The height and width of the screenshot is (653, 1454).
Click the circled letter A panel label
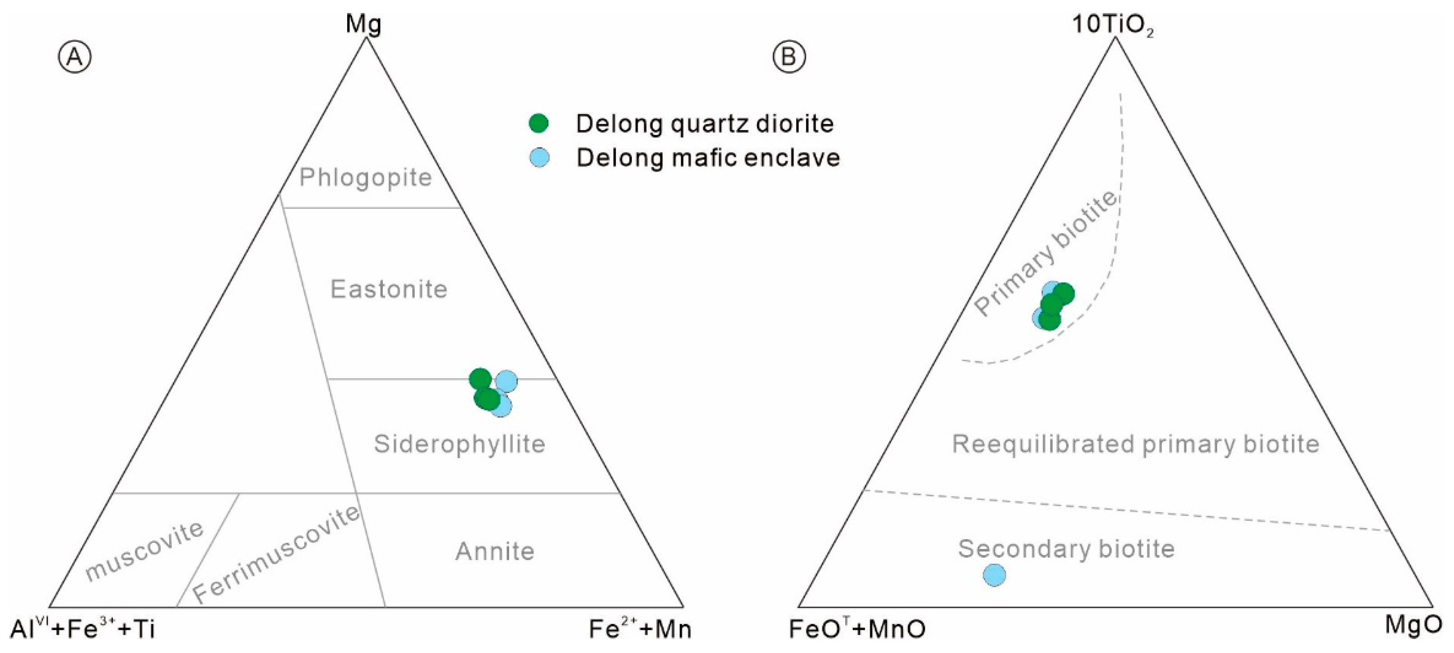point(75,57)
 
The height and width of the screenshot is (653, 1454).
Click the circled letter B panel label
point(789,57)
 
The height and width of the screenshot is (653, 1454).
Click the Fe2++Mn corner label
point(640,629)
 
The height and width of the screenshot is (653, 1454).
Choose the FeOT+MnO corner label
point(857,629)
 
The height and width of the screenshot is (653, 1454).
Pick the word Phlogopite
point(366,178)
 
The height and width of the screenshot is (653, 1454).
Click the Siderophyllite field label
point(460,444)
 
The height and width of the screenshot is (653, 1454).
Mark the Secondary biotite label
point(1066,549)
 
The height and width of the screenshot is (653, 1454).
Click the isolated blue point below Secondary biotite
point(994,575)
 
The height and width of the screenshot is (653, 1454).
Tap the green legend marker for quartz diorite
point(539,123)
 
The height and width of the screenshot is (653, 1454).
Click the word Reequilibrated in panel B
point(1044,444)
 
